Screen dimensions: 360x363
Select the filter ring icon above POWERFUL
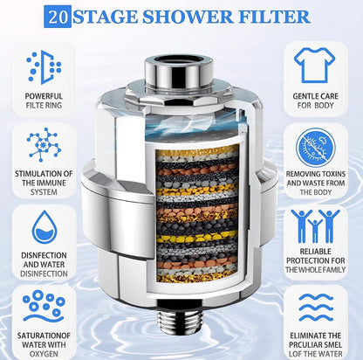(x=44, y=66)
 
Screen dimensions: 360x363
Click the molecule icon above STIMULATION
(x=44, y=144)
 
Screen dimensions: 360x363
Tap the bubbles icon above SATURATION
(x=44, y=303)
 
